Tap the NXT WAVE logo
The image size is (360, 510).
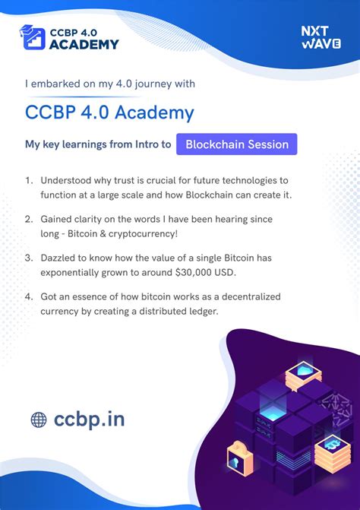[320, 36]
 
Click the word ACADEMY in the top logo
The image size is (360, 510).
[84, 44]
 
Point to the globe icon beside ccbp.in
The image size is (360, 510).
[39, 419]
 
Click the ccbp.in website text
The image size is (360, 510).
[89, 418]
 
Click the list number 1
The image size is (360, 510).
[28, 180]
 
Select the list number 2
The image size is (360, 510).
[28, 219]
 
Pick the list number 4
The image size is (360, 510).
[28, 296]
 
